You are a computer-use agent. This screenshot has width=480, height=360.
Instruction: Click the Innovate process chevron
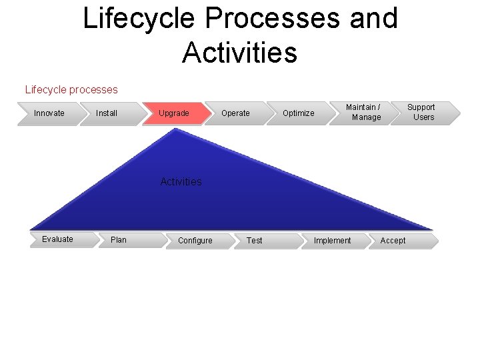(50, 113)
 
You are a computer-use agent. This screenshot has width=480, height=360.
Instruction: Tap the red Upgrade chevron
(174, 113)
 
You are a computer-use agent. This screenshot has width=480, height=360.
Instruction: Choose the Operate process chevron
(235, 113)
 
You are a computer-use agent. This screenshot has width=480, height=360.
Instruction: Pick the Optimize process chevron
(298, 113)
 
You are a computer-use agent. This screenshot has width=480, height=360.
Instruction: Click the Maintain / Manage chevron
(363, 113)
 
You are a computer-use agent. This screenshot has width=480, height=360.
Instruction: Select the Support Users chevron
(423, 113)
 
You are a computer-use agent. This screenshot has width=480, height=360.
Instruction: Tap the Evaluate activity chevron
(59, 239)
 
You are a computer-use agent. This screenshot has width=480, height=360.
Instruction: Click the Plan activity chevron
(120, 240)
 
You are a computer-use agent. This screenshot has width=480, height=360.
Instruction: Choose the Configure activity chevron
(195, 241)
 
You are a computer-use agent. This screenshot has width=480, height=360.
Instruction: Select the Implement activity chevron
(333, 241)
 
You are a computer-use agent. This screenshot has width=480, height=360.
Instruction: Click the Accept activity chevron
(393, 241)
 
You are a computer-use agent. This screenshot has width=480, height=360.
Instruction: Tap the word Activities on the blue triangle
(181, 181)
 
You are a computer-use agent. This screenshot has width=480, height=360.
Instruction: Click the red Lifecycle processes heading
(71, 89)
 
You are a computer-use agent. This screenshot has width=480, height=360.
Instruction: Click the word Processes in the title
(272, 18)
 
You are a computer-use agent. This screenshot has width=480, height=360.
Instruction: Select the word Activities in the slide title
(239, 52)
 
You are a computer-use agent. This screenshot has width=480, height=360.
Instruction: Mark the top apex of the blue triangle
(175, 129)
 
